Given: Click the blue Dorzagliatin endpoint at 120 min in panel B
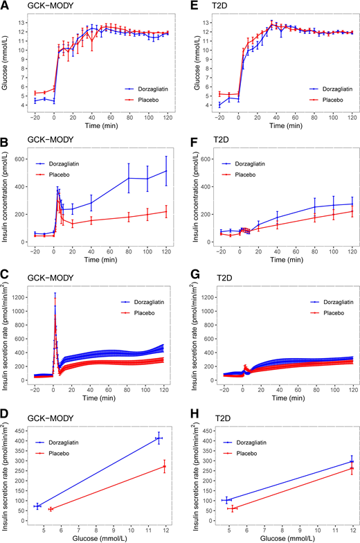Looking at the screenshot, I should click(x=167, y=170).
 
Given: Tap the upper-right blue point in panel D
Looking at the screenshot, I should click(x=159, y=438).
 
